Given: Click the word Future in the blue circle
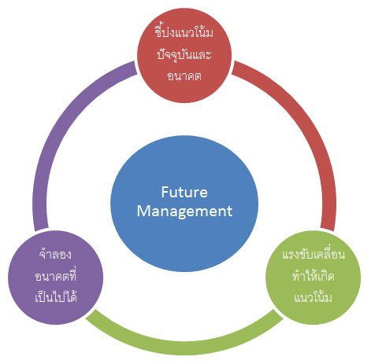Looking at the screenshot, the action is pos(184,192).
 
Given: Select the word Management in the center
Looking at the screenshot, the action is pos(184,211).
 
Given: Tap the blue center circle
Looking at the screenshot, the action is pos(184,204).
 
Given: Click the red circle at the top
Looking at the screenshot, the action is pos(184,55).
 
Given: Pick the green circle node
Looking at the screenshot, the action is pos(313,278).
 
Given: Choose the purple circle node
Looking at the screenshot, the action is pos(56,278).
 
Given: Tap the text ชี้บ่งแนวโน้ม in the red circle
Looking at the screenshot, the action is pos(184,32).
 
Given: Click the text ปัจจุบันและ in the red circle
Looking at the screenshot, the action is pos(184,54).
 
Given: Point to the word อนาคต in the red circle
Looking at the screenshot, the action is pos(184,76).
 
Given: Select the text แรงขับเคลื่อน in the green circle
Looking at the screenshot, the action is pos(313,254).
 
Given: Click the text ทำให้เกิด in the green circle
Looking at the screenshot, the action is pos(313,276).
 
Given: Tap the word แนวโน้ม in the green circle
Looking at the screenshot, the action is pos(313,297).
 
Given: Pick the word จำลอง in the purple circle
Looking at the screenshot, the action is pos(55,254).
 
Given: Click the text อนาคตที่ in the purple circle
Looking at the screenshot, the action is pos(55,276).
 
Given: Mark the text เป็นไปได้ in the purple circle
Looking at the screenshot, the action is pos(56,296).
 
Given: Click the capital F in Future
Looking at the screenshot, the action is pos(165,192).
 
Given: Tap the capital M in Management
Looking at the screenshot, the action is pos(144,211).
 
